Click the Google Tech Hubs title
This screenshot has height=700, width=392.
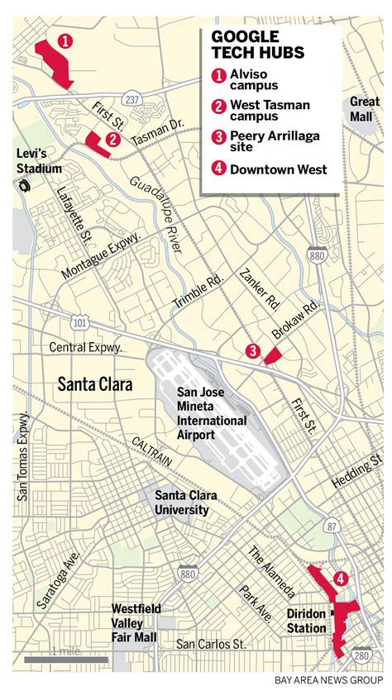258,45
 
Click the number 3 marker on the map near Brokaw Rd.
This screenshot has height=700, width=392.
253,351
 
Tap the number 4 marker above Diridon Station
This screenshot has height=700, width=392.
339,579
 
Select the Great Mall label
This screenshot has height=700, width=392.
364,108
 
